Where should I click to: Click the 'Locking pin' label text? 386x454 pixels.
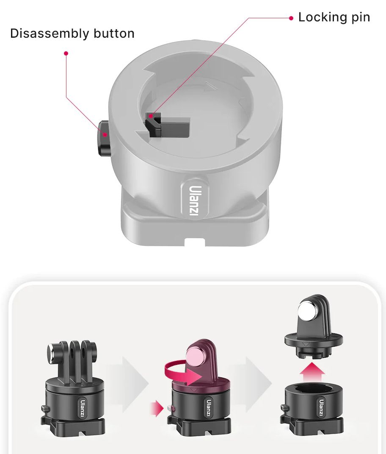334,17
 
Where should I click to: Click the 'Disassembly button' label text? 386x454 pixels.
72,33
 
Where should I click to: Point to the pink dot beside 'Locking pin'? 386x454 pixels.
291,18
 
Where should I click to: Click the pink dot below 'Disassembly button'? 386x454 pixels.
66,53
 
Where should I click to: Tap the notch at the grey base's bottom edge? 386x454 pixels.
195,242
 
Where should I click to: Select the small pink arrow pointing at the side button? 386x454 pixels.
157,409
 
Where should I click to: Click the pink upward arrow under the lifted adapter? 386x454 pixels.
312,373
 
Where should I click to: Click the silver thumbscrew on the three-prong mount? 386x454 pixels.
52,354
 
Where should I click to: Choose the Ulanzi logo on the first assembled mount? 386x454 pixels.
83,408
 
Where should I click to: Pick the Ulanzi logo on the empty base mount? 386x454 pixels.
321,408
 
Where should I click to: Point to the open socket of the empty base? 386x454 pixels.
314,390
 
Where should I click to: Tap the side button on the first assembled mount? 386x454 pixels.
45,409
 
